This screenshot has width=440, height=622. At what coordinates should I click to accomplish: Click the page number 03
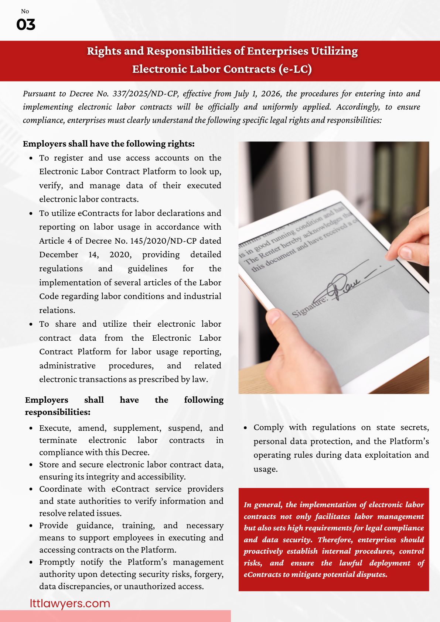26,25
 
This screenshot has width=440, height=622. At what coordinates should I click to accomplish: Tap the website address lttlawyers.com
70,603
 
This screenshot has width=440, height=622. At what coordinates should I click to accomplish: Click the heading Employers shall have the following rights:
109,144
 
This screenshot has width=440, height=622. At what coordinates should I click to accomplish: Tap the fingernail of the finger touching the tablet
406,253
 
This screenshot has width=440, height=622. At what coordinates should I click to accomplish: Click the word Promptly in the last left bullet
57,562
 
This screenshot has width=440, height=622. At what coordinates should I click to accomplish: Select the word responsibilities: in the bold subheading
58,412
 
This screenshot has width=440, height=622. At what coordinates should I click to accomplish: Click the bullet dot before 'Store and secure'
31,465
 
